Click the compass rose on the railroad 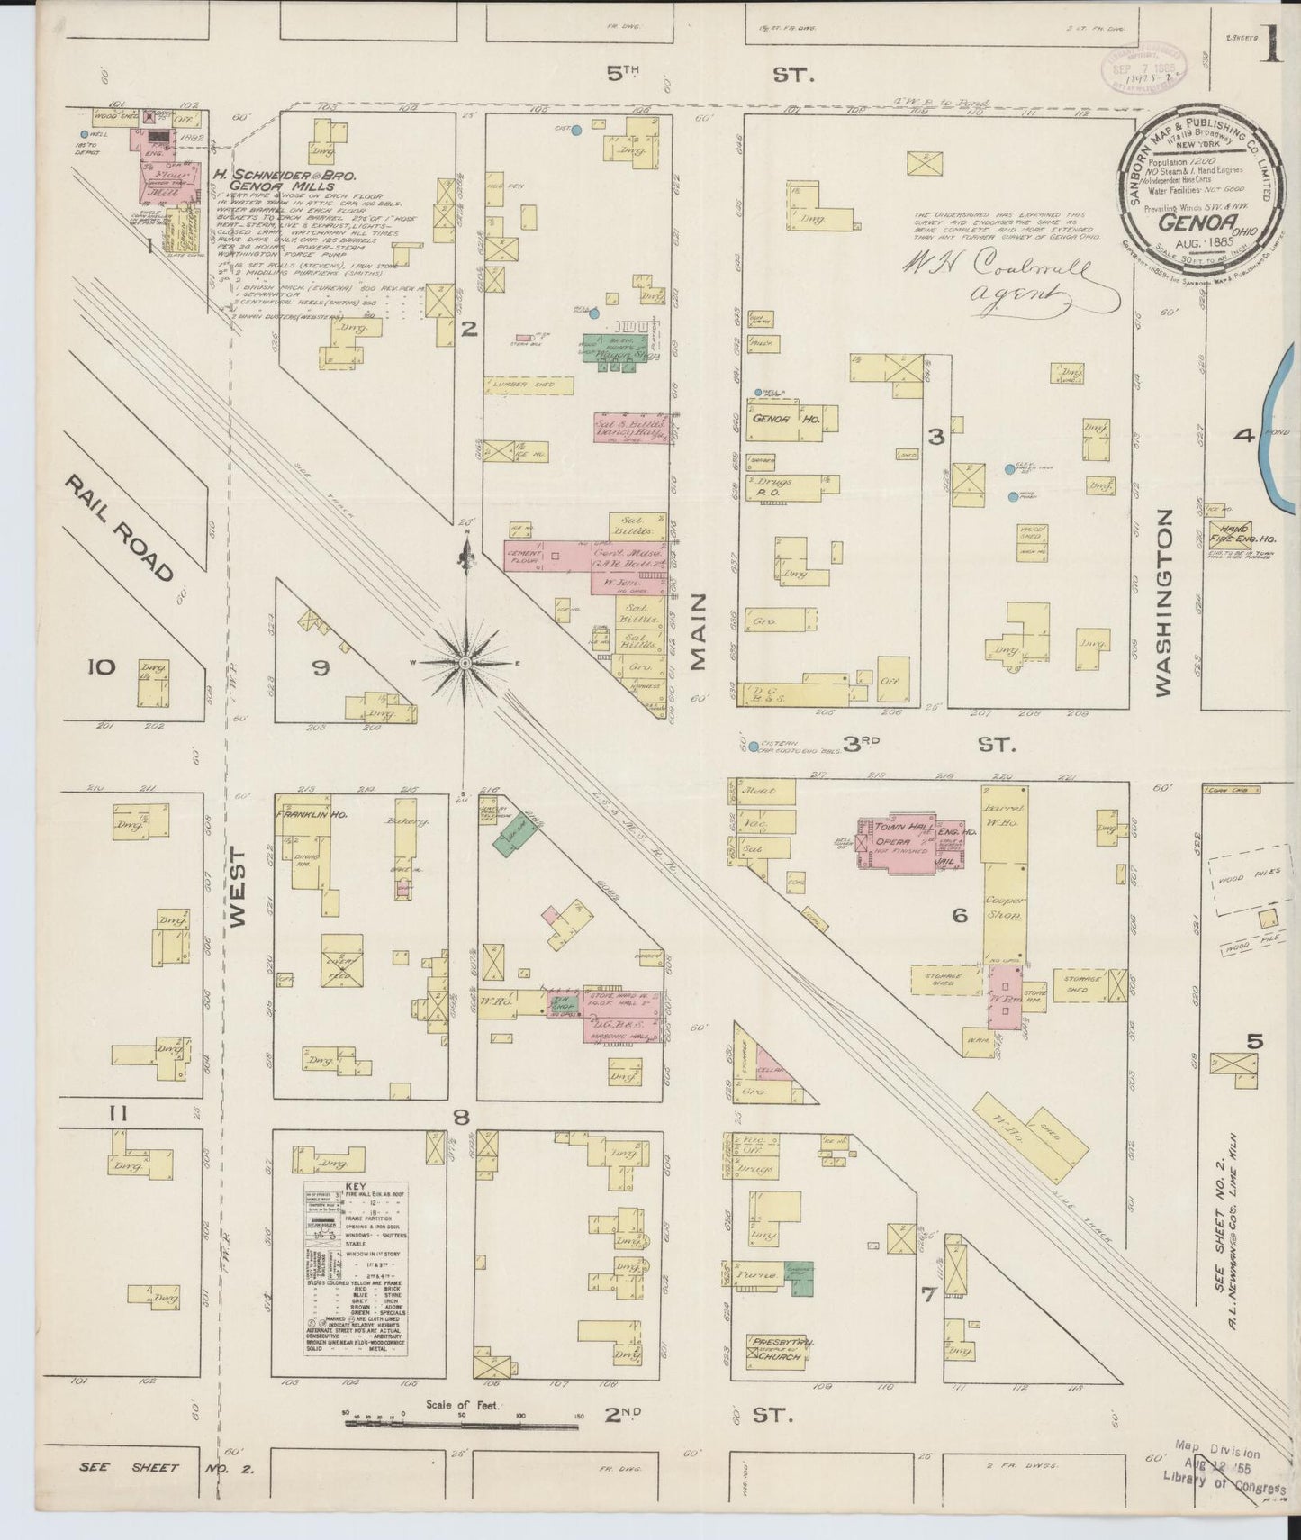click(x=465, y=662)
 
